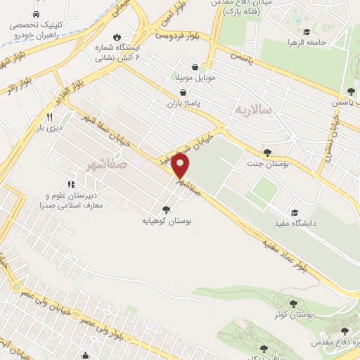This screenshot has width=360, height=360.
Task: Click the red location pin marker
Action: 181,166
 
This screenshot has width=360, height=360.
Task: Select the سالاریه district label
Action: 252,108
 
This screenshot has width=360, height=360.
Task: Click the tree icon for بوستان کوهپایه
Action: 166,209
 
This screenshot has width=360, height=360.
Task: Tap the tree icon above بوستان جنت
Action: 266,152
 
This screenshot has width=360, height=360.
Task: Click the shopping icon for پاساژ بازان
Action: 184,92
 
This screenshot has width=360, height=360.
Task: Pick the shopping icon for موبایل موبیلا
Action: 184,67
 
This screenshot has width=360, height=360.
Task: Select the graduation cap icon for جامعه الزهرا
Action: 306,32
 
